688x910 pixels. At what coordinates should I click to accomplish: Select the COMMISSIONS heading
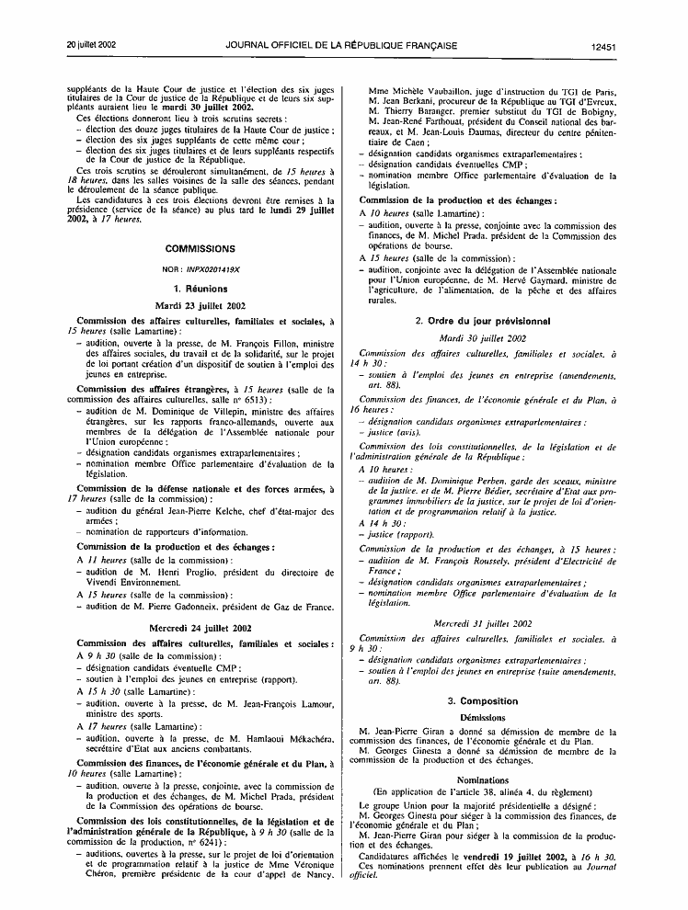(x=200, y=248)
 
